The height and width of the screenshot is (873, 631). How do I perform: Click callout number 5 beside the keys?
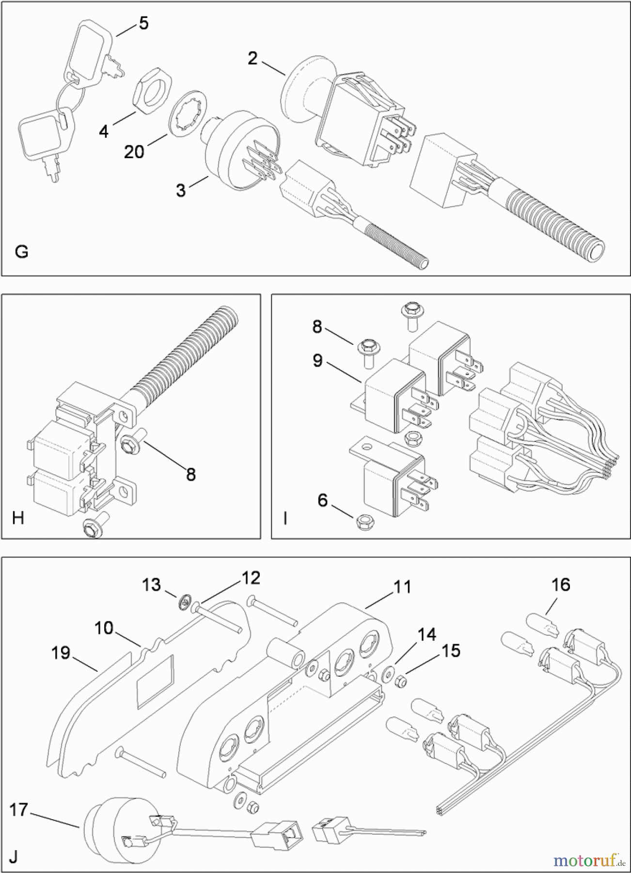(144, 23)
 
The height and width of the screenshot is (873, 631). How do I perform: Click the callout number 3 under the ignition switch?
(181, 190)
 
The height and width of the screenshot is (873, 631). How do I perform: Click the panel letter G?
(21, 252)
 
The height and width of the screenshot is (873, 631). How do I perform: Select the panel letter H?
(18, 518)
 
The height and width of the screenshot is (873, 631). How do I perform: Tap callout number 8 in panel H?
(191, 474)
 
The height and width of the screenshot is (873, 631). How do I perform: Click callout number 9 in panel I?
(317, 360)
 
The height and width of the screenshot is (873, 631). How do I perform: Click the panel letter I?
(285, 518)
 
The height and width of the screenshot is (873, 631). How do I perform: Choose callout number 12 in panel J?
(252, 578)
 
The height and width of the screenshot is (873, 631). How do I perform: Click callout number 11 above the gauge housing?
(402, 587)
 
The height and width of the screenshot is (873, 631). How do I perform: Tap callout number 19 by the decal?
(61, 653)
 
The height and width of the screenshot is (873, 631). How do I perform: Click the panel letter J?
(13, 857)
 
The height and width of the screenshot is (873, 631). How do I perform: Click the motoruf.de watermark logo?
(588, 860)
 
